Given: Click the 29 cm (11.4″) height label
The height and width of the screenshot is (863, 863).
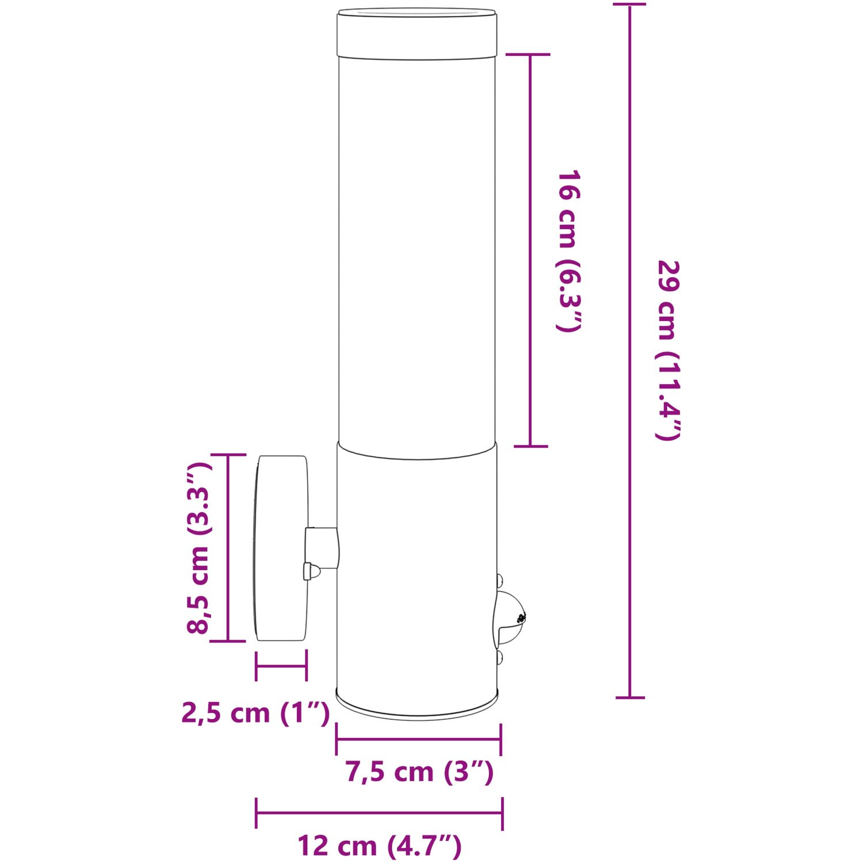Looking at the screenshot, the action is tap(669, 350).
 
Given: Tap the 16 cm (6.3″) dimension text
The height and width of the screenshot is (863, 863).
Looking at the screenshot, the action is tap(568, 251).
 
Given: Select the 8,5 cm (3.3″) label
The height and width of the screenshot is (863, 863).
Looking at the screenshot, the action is tap(198, 547).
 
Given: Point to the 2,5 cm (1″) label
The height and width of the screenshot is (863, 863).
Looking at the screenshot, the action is tap(256, 713).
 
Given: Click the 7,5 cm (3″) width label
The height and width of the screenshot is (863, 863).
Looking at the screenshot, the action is tap(419, 772).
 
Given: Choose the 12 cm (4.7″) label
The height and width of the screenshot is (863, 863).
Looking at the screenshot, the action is tap(380, 846).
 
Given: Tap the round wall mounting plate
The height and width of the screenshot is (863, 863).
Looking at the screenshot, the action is tap(281, 548).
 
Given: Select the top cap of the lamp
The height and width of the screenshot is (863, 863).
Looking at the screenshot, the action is tap(417, 34).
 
